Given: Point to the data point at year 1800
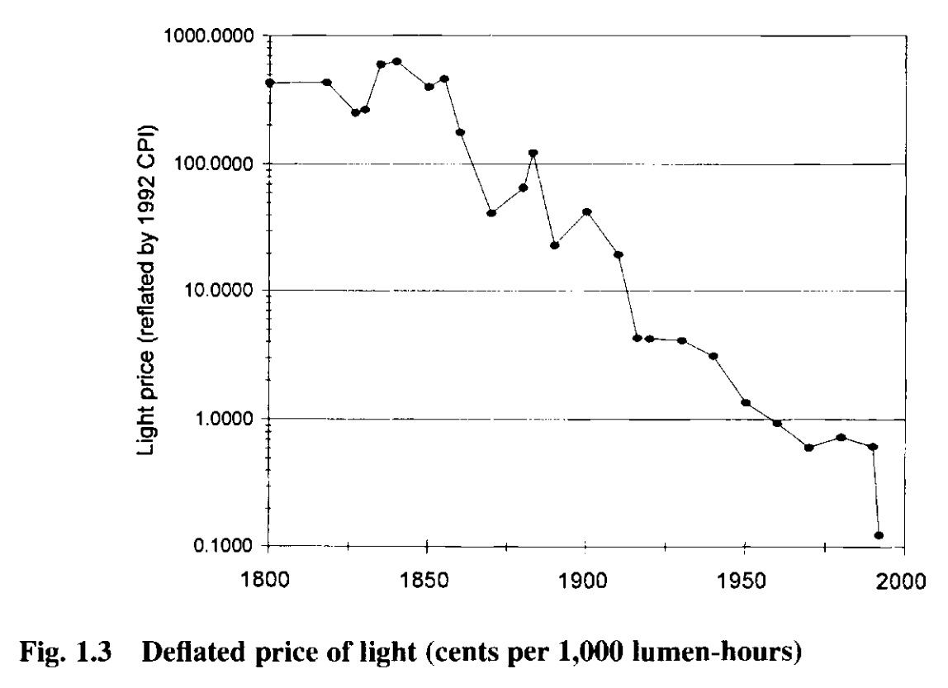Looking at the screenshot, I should point(270,83).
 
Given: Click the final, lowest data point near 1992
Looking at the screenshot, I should point(879,535).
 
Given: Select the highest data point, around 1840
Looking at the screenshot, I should point(397,61).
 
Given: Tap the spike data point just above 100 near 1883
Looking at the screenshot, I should point(533,153).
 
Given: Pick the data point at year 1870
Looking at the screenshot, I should point(491,213).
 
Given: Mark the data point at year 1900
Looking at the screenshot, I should point(587,211).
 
